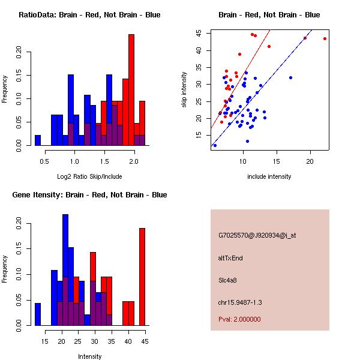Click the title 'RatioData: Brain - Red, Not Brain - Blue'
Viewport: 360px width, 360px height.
tap(89, 14)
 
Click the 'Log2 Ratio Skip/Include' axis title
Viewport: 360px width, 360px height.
tap(89, 176)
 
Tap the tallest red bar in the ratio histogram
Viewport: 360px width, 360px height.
tap(131, 90)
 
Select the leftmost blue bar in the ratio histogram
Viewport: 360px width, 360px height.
tap(38, 140)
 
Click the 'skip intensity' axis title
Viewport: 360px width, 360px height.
tap(185, 90)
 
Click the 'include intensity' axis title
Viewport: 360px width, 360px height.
tap(269, 176)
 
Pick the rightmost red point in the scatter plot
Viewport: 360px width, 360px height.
tap(325, 38)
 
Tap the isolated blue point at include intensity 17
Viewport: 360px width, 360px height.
tap(290, 77)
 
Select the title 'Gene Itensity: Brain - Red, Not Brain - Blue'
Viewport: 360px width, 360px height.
tap(89, 194)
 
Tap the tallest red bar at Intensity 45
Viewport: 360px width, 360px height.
tap(142, 276)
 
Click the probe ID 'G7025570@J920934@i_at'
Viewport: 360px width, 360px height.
tap(257, 235)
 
